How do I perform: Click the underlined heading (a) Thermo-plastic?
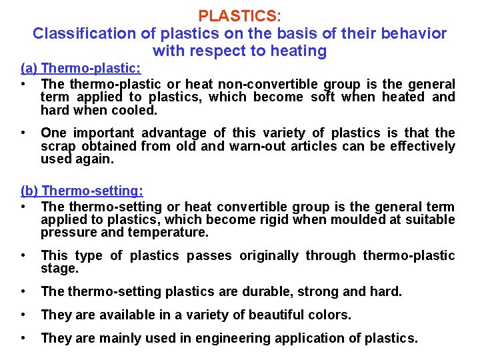pos(81,69)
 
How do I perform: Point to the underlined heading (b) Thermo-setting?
pos(81,191)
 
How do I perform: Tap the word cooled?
pos(135,110)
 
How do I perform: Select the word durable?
pos(265,291)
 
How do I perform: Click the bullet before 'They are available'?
pos(25,315)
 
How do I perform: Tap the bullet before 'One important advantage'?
pos(25,133)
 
